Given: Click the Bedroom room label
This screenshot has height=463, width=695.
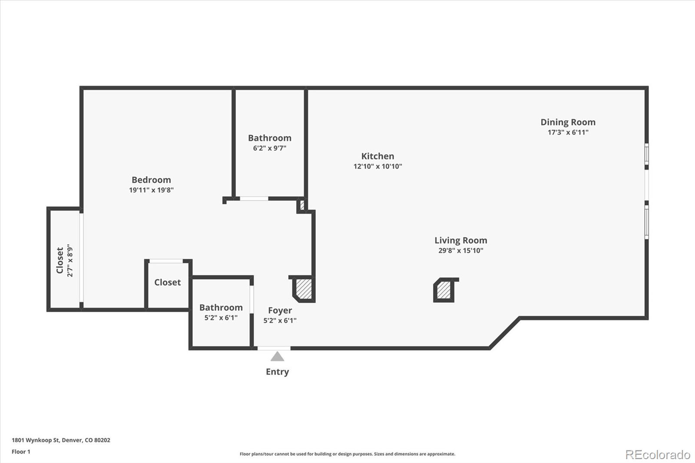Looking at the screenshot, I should [x=151, y=180].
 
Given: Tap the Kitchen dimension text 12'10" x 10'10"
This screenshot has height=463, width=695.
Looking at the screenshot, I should [x=377, y=166].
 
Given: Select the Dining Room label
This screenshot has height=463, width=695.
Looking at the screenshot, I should [x=568, y=122].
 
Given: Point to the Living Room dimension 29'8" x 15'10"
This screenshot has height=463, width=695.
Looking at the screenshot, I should [x=460, y=251].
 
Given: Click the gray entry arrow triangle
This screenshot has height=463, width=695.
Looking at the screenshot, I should [x=277, y=357].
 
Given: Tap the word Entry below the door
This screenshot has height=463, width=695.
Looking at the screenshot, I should [x=277, y=372].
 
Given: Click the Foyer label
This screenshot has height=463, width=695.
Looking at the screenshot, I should [x=280, y=311].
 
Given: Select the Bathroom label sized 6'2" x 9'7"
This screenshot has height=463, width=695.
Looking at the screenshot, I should [x=269, y=138].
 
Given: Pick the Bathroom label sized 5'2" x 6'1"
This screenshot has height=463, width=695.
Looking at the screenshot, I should [x=221, y=308].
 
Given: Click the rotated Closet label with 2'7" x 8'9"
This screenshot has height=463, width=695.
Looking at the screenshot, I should [x=60, y=260].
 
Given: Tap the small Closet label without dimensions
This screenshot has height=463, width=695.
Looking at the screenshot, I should [x=167, y=282].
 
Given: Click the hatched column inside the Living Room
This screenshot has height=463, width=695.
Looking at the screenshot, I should [x=444, y=290].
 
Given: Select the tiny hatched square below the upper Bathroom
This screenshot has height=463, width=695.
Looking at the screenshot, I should [x=302, y=205].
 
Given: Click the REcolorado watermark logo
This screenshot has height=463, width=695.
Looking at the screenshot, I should [x=658, y=455].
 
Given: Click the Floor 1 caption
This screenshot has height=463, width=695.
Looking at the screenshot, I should [x=21, y=452].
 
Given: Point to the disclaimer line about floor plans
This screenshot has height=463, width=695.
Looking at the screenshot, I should [x=347, y=454].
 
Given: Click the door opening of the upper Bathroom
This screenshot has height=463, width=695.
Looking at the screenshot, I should [x=254, y=198].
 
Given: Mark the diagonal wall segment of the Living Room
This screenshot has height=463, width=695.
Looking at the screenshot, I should [x=504, y=333].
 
